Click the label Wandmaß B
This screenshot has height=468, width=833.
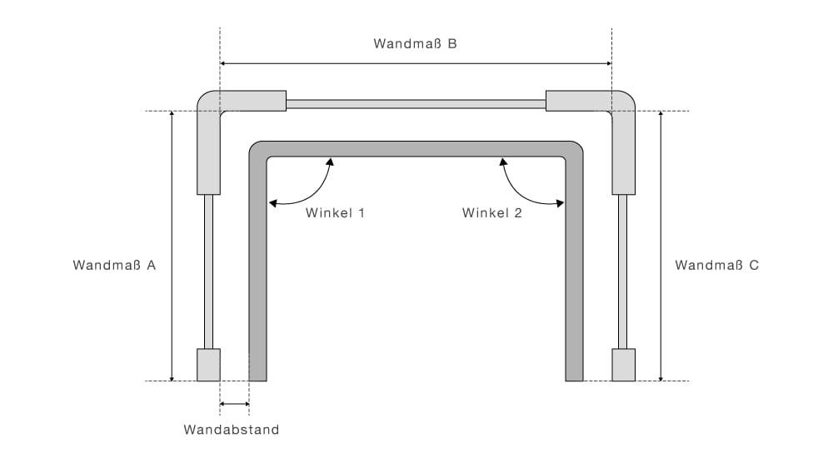(x=415, y=44)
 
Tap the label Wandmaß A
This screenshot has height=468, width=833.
(x=114, y=266)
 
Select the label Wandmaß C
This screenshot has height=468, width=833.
(x=716, y=266)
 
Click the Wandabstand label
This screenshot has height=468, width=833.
(x=232, y=431)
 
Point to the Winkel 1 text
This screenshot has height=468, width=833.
(x=336, y=213)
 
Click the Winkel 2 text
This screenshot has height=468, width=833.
(x=491, y=213)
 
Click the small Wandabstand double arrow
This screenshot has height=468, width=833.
(x=234, y=405)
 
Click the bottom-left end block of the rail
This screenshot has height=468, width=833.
(x=208, y=364)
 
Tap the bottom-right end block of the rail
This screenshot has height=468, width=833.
(x=624, y=364)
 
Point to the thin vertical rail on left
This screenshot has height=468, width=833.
(x=208, y=271)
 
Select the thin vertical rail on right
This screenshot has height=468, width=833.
(x=623, y=271)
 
